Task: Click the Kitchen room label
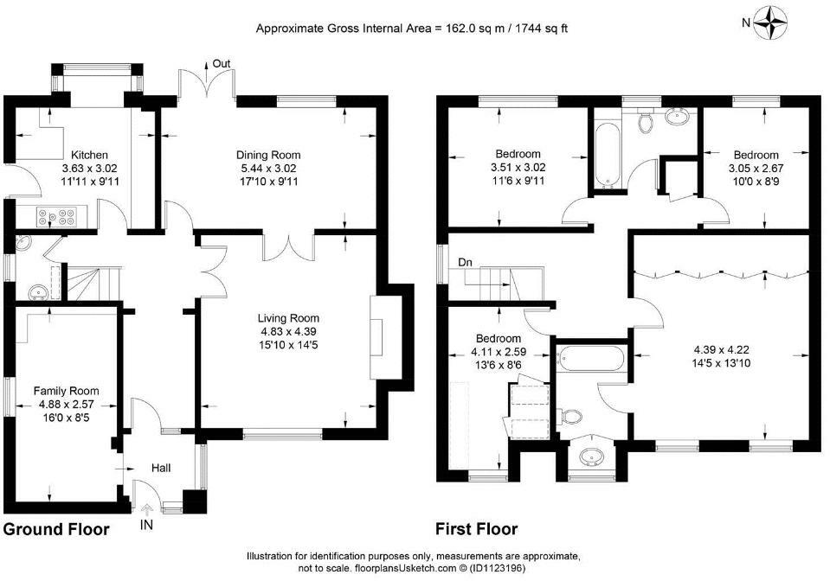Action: click(x=89, y=155)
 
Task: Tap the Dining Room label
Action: click(x=267, y=155)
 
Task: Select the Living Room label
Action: click(x=288, y=318)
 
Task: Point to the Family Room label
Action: click(x=66, y=391)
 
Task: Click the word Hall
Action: click(x=161, y=468)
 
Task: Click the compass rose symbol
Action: click(x=770, y=22)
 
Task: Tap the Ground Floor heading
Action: click(x=56, y=529)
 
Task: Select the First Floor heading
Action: click(x=476, y=528)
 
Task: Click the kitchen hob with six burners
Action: click(x=55, y=216)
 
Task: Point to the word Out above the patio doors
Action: click(x=222, y=63)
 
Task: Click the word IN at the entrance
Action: click(x=146, y=525)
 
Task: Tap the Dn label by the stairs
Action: click(x=466, y=262)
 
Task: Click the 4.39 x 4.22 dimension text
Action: click(x=722, y=350)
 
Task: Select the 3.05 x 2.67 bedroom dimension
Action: click(x=756, y=169)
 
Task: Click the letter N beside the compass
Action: click(x=746, y=22)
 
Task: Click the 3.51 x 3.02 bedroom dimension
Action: click(x=518, y=168)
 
